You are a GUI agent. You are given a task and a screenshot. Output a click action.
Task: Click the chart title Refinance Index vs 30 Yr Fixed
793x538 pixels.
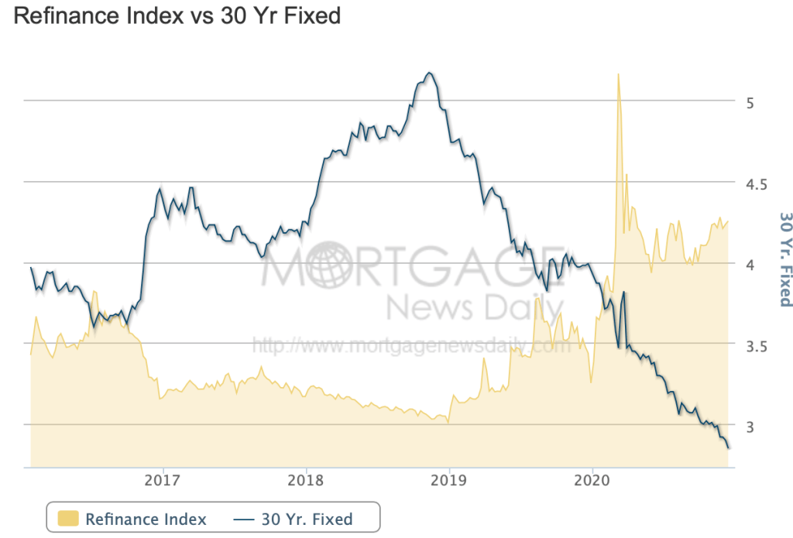tap(177, 16)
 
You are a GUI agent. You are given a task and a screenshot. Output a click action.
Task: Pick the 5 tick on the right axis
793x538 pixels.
tap(750, 103)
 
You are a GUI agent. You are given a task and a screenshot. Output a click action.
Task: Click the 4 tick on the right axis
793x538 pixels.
tap(750, 266)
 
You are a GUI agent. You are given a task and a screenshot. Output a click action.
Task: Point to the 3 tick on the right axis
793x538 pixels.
tap(750, 427)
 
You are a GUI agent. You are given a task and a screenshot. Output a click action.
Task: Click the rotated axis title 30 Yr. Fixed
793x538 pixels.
tap(784, 259)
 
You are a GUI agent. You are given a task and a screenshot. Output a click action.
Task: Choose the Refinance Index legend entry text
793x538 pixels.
tap(146, 519)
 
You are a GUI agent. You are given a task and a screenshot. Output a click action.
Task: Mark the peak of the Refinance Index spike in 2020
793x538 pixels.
tap(618, 74)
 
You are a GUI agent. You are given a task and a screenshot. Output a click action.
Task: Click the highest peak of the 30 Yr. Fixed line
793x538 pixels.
tap(429, 73)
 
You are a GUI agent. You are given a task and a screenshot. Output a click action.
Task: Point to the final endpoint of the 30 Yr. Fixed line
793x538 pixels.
tap(728, 447)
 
